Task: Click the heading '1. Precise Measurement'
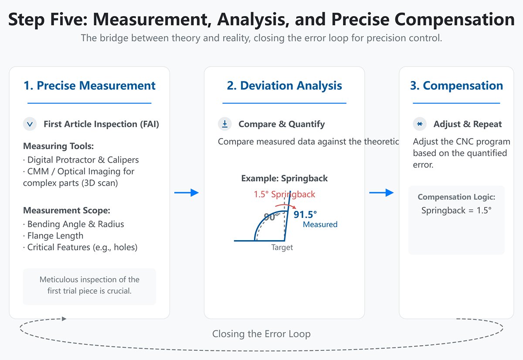click(x=89, y=86)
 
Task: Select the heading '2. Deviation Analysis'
click(x=284, y=86)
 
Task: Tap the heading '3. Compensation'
click(x=456, y=86)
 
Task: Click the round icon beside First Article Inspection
click(x=30, y=124)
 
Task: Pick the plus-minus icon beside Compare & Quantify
click(x=225, y=124)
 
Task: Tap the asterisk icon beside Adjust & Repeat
click(x=420, y=124)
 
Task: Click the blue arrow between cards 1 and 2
click(x=187, y=193)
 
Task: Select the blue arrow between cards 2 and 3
click(x=381, y=193)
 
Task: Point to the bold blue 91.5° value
click(x=305, y=214)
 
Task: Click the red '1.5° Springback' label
click(x=284, y=194)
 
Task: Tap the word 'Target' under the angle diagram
click(x=282, y=248)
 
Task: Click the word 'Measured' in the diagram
click(x=320, y=224)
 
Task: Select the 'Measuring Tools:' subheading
click(x=58, y=146)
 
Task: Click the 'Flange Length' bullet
click(x=55, y=236)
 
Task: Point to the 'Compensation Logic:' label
click(x=456, y=197)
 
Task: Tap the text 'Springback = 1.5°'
click(x=456, y=211)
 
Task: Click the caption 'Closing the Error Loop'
click(x=261, y=334)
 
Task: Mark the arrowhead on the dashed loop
click(x=64, y=319)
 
